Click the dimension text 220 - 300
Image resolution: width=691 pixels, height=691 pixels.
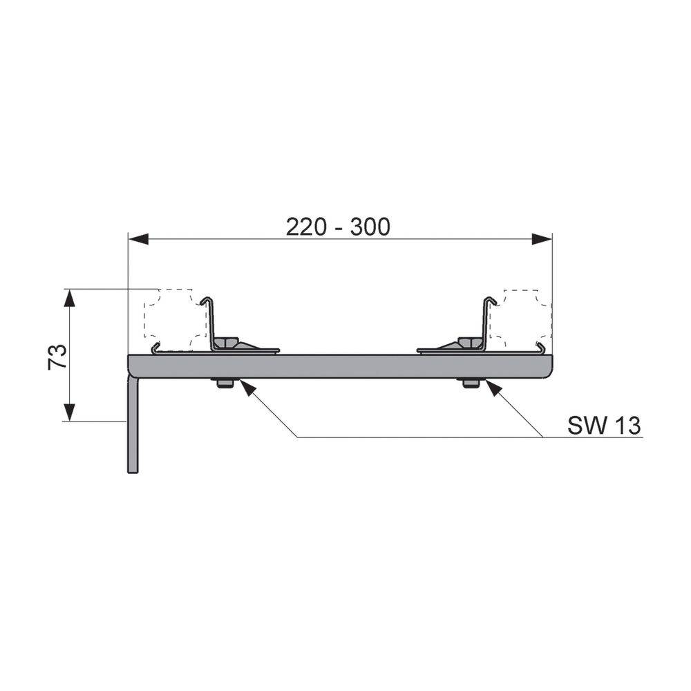coord(338,227)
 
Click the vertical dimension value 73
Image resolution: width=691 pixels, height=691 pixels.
coord(58,357)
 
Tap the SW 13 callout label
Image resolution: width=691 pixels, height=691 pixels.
coord(604,425)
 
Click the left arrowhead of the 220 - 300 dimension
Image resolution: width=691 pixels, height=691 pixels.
coord(138,239)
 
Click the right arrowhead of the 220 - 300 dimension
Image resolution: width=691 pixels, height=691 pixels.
coord(542,239)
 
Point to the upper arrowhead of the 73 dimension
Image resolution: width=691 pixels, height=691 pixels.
coord(68,299)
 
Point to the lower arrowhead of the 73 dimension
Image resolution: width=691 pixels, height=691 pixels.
coord(68,412)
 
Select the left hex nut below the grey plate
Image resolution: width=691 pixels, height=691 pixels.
coord(225,384)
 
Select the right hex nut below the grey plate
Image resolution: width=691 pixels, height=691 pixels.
coord(471,384)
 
